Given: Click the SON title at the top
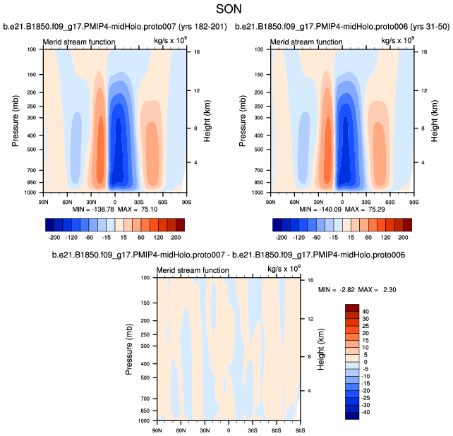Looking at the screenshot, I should (226, 11).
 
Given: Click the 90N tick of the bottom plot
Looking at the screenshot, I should (157, 429).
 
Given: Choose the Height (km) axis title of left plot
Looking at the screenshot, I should (208, 121).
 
